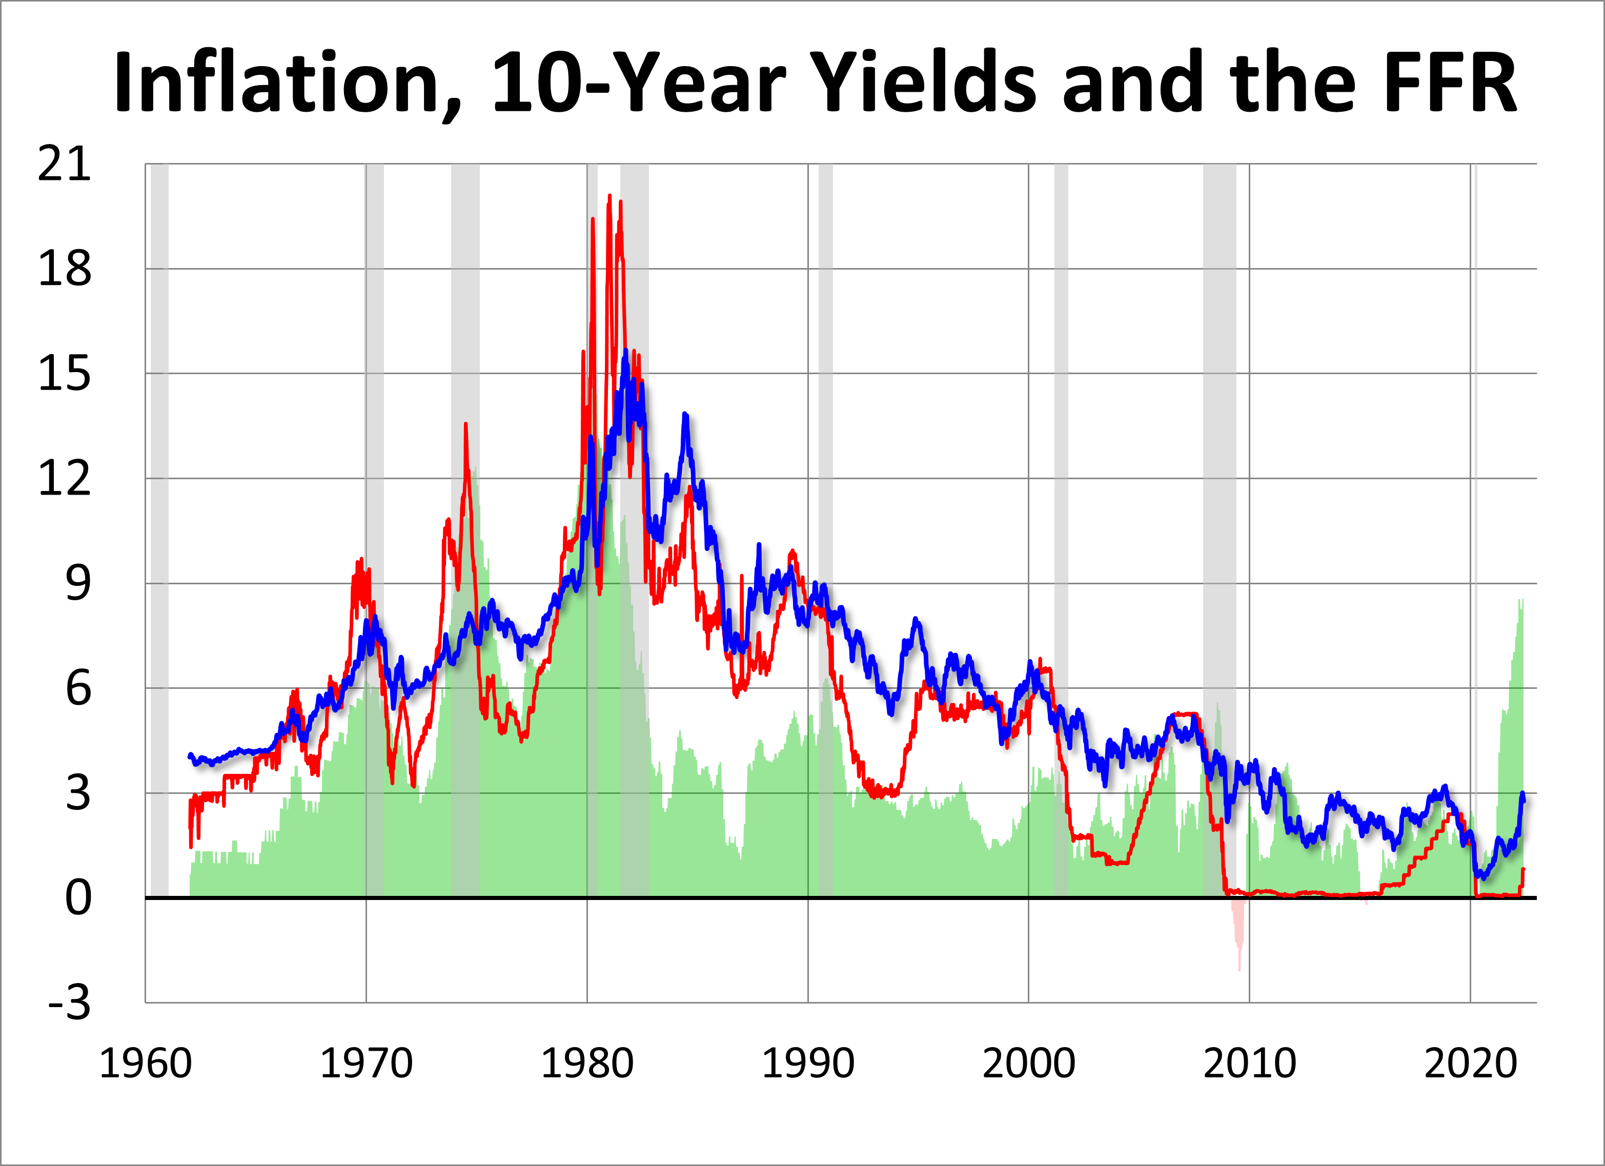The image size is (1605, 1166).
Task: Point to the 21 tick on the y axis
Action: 65,165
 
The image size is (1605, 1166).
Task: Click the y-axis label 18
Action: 65,270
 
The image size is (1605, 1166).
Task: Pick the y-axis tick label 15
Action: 65,374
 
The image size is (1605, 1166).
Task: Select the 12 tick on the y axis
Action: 65,479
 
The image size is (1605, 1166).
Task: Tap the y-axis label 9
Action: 78,584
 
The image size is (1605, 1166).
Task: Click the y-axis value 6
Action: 78,688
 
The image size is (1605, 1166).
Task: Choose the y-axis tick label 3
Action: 78,793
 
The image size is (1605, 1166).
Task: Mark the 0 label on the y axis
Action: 78,898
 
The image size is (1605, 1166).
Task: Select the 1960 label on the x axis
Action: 146,1063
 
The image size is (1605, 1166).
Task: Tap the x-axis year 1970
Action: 367,1063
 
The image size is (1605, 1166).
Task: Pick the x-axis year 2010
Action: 1250,1063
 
